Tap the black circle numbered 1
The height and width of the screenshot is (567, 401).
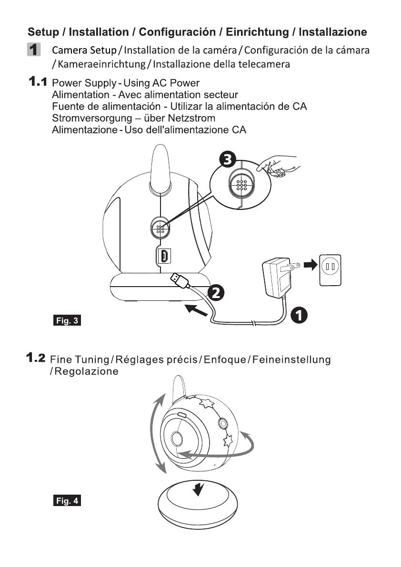pyautogui.click(x=299, y=315)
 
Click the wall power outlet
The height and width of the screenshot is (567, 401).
pyautogui.click(x=330, y=270)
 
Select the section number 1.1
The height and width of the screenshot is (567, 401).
pyautogui.click(x=37, y=82)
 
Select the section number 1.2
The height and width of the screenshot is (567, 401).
pyautogui.click(x=36, y=357)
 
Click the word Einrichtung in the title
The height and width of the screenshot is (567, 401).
pyautogui.click(x=257, y=32)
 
